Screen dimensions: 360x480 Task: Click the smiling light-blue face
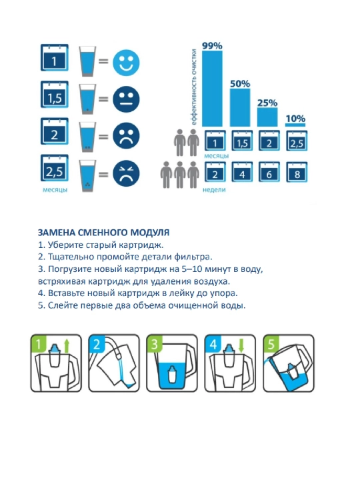[x=126, y=63]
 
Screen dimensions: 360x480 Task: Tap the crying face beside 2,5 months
[x=126, y=173]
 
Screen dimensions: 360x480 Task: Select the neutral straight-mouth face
[x=126, y=99]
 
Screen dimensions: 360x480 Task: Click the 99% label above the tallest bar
[x=212, y=46]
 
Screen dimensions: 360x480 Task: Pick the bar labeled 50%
[x=240, y=107]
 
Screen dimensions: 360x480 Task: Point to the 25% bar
[x=267, y=117]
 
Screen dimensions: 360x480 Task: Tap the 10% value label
[x=295, y=119]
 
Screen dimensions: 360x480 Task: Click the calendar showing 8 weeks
[x=297, y=173]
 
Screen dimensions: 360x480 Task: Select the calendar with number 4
[x=242, y=173]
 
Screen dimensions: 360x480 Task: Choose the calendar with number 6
[x=269, y=173]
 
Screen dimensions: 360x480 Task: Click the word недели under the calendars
[x=214, y=190]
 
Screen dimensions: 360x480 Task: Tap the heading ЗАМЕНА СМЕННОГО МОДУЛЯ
[x=103, y=233]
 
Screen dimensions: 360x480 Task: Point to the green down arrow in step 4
[x=241, y=345]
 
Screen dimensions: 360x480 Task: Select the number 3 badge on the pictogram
[x=154, y=344]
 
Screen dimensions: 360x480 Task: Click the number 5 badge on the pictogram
[x=271, y=344]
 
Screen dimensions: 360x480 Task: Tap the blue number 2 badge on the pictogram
[x=97, y=344]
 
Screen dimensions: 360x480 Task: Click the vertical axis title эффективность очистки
[x=194, y=87]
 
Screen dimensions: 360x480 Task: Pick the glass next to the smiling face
[x=87, y=61]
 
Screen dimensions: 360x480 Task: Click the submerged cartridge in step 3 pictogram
[x=172, y=374]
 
